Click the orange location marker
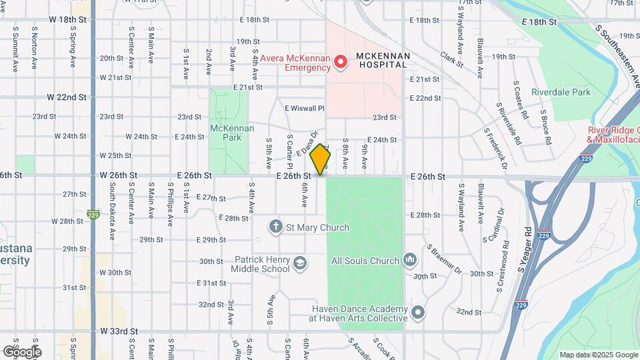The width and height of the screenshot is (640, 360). click(x=321, y=159)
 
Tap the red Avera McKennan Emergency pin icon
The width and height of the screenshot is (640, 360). click(x=341, y=62)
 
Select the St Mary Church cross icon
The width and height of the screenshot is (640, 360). click(x=275, y=227)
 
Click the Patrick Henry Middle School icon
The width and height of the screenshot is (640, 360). click(x=300, y=263)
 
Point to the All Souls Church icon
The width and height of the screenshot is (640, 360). click(x=409, y=259)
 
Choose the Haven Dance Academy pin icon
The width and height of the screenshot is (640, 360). click(x=418, y=312)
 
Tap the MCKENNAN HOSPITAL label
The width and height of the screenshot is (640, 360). click(x=381, y=60)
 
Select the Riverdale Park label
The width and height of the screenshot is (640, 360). click(x=561, y=92)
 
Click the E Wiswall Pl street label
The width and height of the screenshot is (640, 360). click(x=304, y=108)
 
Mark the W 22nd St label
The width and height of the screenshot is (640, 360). click(x=67, y=97)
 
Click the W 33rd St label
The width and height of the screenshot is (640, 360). click(x=119, y=331)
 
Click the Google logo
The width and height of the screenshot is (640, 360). click(x=22, y=351)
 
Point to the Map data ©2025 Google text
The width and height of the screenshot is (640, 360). click(x=597, y=355)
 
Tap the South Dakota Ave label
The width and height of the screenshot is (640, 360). click(x=113, y=206)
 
